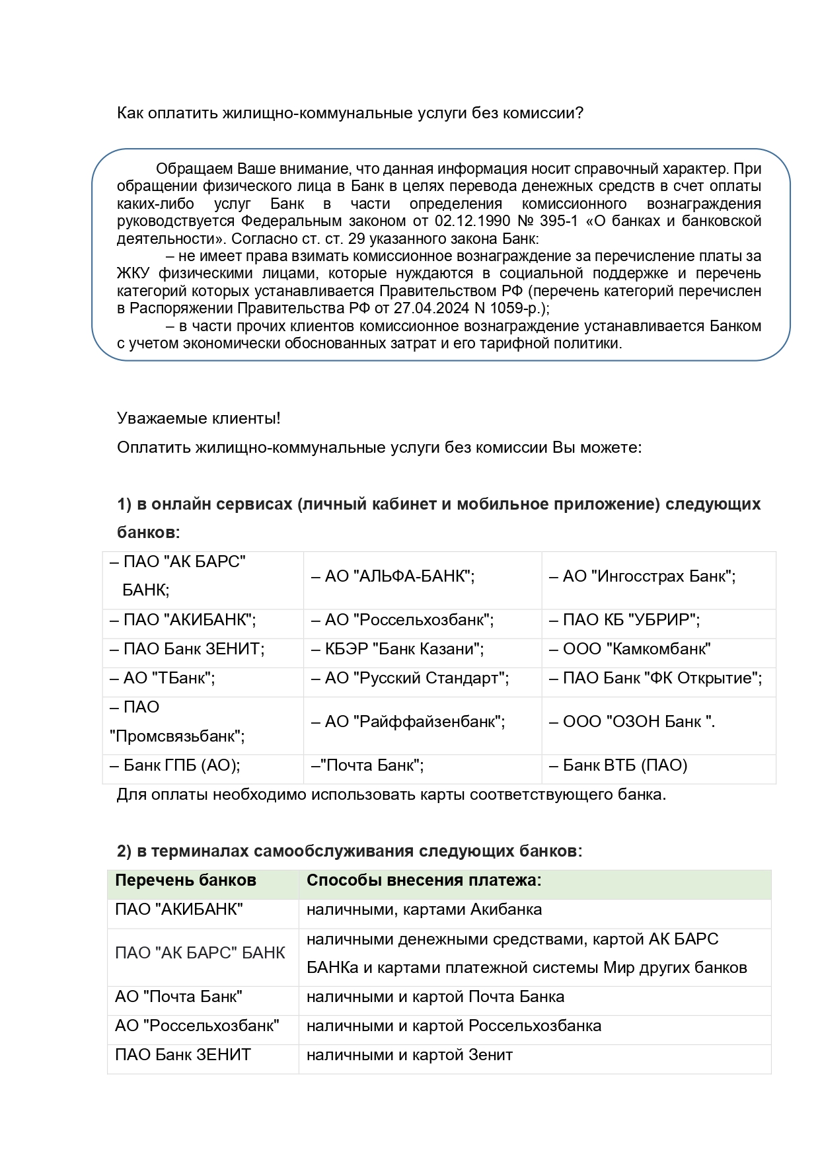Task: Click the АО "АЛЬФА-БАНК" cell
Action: (x=393, y=576)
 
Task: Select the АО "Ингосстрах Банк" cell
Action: (x=643, y=576)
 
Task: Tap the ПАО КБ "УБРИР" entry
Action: (x=625, y=620)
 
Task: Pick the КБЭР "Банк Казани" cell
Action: (x=398, y=649)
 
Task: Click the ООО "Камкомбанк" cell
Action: (x=630, y=649)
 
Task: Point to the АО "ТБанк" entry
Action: (x=163, y=678)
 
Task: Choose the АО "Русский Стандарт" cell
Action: (x=410, y=678)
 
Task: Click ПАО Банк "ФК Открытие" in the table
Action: (x=656, y=678)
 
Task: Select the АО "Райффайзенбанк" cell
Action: (x=408, y=722)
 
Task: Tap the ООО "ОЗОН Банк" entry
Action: (x=632, y=722)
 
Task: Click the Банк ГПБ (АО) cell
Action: (x=175, y=765)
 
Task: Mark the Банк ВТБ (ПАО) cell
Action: (x=618, y=765)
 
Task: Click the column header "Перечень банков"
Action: (x=186, y=880)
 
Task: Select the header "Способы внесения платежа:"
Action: (x=424, y=880)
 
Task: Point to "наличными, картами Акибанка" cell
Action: (x=424, y=909)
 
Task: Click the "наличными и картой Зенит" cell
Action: (x=410, y=1055)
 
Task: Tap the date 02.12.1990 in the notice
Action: (x=472, y=221)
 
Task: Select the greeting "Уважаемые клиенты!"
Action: (x=198, y=418)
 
